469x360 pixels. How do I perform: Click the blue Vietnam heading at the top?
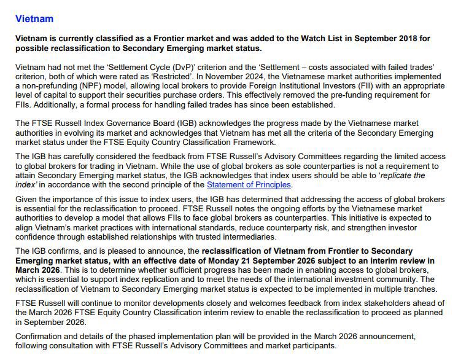pyautogui.click(x=34, y=19)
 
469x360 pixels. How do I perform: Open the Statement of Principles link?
pyautogui.click(x=249, y=185)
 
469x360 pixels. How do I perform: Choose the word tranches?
pyautogui.click(x=418, y=289)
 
